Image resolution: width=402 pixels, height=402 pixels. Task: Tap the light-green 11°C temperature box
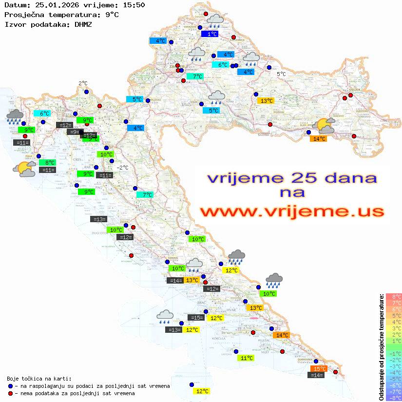point(246,358)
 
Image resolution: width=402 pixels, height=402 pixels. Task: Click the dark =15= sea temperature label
point(196,318)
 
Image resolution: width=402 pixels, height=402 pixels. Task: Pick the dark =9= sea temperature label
point(75,132)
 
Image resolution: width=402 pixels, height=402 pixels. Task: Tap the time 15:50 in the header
point(134,5)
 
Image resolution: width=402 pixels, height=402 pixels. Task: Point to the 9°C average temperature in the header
point(112,14)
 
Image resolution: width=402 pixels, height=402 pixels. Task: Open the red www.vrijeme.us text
point(292,211)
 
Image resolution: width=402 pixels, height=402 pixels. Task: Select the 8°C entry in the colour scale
point(393,297)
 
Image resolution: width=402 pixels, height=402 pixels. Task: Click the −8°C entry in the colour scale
point(393,398)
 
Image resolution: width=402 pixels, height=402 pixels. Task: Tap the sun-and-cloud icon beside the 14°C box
point(325,126)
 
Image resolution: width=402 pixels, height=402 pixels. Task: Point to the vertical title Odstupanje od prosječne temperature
point(381,347)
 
